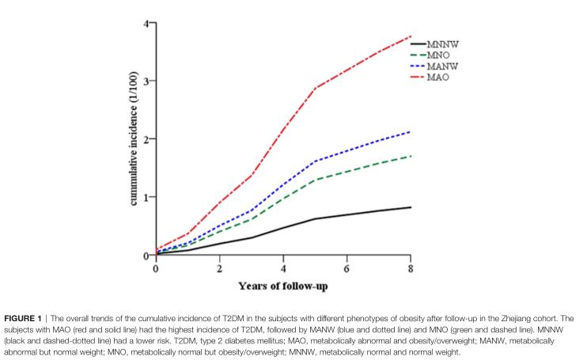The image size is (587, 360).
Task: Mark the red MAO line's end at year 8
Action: click(x=410, y=36)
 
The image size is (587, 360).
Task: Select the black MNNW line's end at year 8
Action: click(x=410, y=207)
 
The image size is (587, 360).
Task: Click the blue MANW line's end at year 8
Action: click(x=410, y=131)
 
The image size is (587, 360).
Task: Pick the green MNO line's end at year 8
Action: click(x=410, y=156)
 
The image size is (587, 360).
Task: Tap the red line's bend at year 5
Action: click(x=315, y=88)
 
